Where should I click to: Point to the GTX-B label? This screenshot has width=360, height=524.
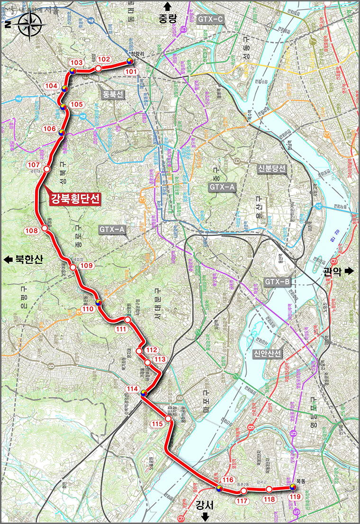point(277,282)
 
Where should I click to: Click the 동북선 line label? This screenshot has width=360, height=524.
point(113,95)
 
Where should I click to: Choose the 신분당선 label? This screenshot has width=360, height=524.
point(271,169)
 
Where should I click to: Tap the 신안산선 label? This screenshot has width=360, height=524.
point(268,353)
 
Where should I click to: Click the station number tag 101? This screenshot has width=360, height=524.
point(131,72)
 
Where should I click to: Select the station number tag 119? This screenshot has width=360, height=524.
point(295,497)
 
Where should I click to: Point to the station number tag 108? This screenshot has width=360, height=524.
point(32,231)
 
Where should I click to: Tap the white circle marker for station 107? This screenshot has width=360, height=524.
point(46,169)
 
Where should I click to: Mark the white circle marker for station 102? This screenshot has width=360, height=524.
point(98,69)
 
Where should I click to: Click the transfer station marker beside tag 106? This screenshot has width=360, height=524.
point(62,133)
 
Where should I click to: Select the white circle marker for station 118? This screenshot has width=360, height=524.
point(269,488)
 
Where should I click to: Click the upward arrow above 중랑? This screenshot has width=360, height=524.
point(167,6)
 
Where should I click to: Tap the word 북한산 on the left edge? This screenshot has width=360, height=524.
point(29,260)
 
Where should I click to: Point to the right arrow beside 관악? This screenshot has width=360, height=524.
point(350,271)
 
